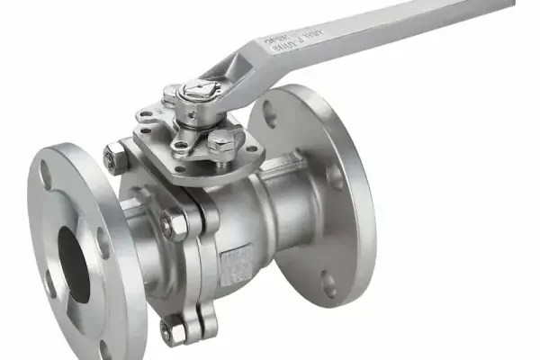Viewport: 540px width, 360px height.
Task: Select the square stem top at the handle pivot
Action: point(196,91)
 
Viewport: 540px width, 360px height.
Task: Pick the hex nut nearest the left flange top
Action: point(113,157)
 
